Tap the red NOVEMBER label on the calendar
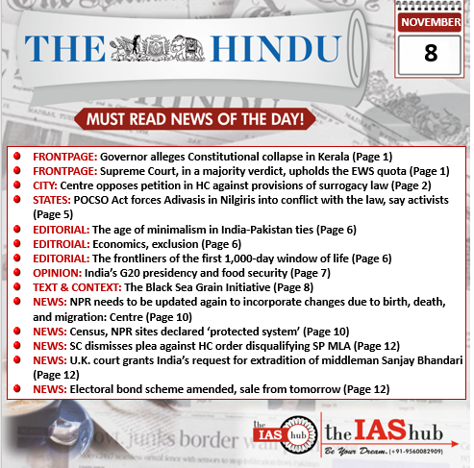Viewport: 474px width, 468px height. point(430,21)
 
